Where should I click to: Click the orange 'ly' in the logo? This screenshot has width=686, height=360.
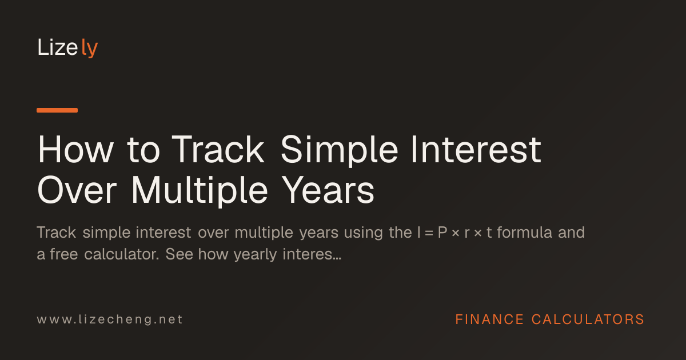click(x=89, y=48)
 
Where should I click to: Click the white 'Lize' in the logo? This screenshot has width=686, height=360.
click(x=58, y=47)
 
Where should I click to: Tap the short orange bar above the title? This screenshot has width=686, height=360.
click(x=57, y=110)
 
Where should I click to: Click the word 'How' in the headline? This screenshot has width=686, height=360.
click(x=75, y=150)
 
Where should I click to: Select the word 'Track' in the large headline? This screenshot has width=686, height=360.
click(x=218, y=150)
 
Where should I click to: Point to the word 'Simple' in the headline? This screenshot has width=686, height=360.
click(x=340, y=151)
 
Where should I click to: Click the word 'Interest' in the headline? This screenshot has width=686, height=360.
click(x=476, y=150)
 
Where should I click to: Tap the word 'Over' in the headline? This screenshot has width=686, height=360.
click(x=77, y=190)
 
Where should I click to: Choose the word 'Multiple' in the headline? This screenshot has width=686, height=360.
click(x=200, y=191)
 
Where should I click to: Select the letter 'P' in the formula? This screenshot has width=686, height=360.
click(x=442, y=233)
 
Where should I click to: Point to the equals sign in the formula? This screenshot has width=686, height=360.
click(x=429, y=233)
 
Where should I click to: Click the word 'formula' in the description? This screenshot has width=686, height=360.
click(x=525, y=233)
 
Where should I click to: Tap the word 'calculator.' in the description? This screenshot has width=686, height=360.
click(x=122, y=254)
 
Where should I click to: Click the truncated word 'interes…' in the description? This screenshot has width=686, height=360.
click(x=312, y=254)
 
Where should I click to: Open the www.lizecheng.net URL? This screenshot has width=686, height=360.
click(x=110, y=319)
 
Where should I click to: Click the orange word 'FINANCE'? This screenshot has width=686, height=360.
click(x=489, y=319)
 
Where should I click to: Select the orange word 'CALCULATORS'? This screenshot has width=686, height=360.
click(x=588, y=319)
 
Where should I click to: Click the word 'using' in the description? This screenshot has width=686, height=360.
click(x=363, y=234)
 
